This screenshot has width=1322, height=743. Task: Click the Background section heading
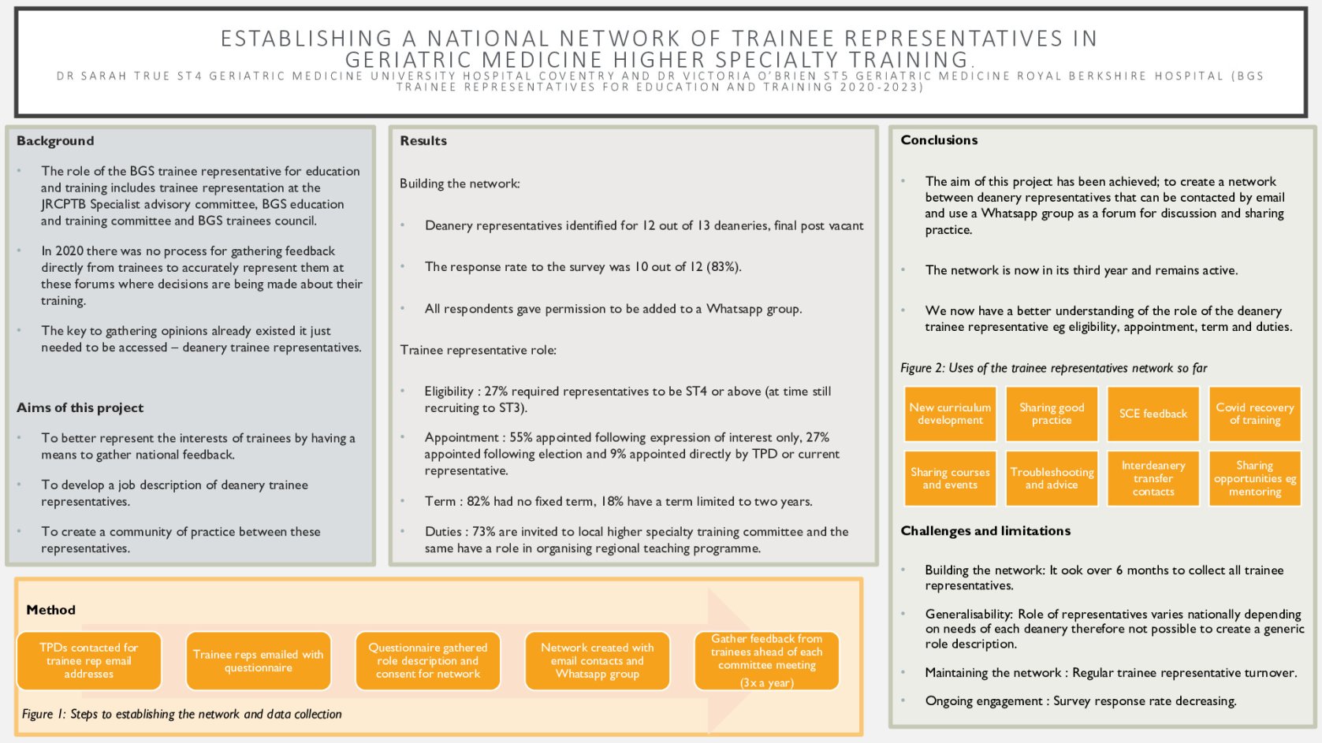point(55,141)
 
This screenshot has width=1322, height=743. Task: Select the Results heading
point(423,141)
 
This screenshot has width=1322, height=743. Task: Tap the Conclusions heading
point(939,140)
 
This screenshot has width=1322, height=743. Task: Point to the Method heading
point(51,610)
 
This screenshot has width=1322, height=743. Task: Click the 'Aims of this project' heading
point(80,408)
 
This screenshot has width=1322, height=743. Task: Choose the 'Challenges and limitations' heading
point(985,531)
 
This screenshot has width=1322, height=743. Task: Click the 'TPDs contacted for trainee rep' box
point(89,660)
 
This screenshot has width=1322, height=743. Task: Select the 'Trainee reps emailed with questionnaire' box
point(259,660)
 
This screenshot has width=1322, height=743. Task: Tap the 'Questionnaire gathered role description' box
point(428,660)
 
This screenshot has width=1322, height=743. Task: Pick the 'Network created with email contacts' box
point(598,660)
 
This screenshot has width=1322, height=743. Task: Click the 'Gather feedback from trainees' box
point(766,660)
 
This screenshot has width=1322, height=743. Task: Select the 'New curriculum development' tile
point(950,414)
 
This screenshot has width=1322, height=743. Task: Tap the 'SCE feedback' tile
point(1153,414)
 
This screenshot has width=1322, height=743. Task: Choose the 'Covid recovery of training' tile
point(1254,414)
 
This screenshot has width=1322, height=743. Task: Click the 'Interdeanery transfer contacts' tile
point(1153,478)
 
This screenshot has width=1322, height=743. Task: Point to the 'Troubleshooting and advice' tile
point(1052,478)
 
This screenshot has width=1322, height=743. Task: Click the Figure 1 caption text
point(182,715)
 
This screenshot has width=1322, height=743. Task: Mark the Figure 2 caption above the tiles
point(1053,368)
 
